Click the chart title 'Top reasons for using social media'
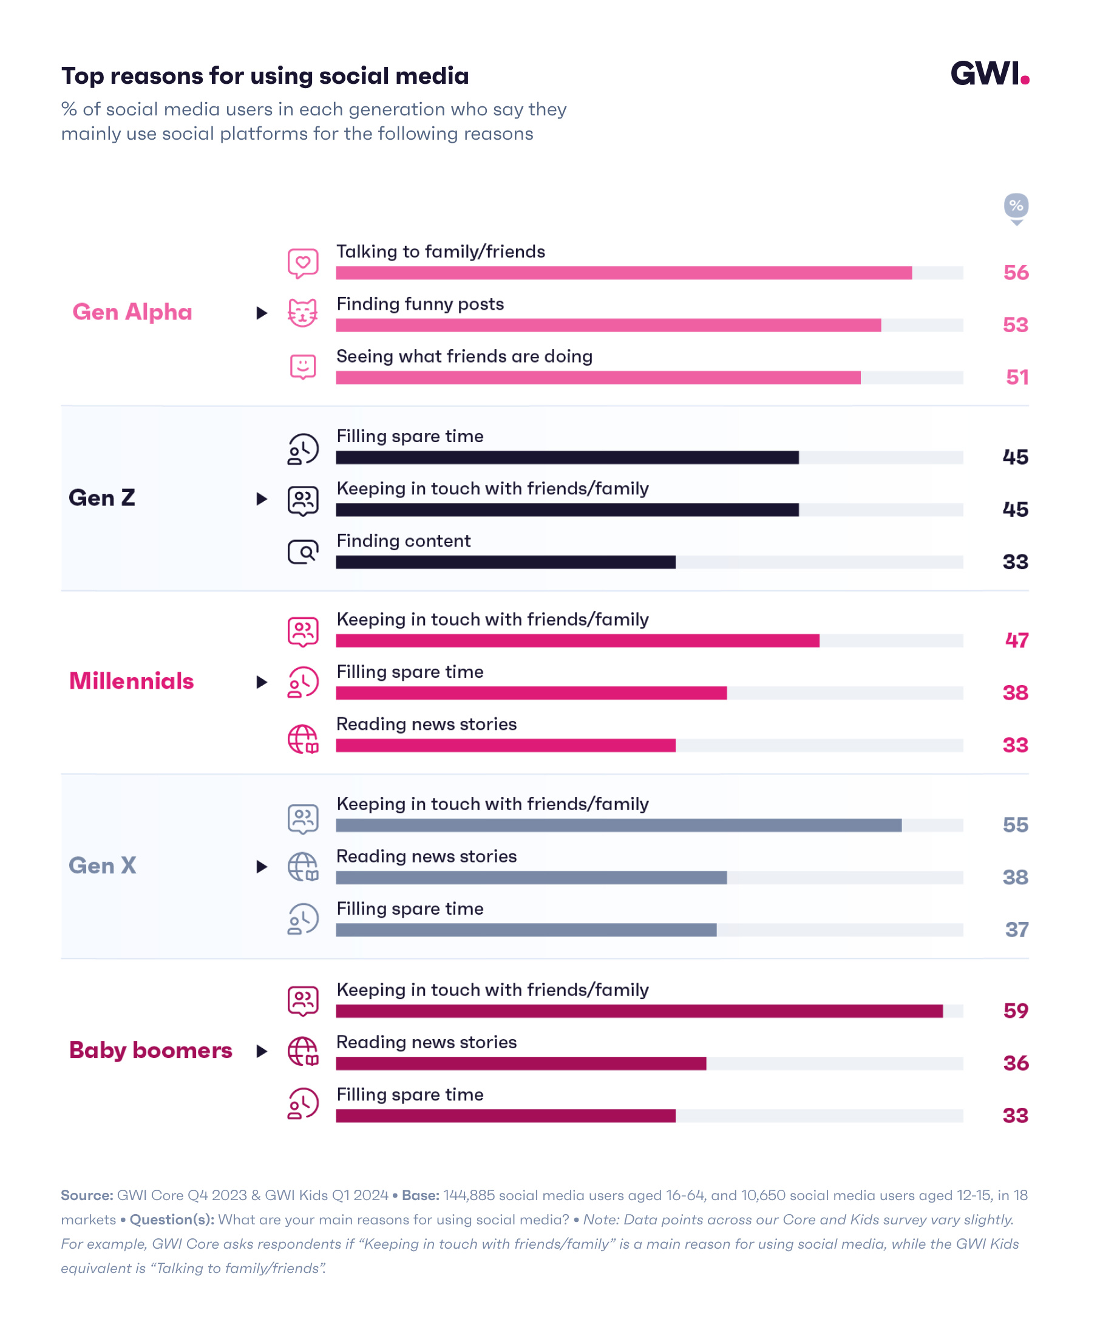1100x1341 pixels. (x=265, y=76)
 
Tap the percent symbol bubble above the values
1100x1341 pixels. (x=1016, y=206)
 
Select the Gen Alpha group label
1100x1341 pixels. (x=132, y=312)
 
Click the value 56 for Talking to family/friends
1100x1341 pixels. (x=1015, y=273)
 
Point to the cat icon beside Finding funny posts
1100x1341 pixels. (x=303, y=312)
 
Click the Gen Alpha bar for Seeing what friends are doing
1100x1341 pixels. (x=597, y=378)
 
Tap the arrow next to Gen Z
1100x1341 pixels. (x=261, y=499)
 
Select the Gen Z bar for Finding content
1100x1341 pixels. (x=505, y=562)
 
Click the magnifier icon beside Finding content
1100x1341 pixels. (x=303, y=552)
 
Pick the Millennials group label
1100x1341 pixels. (x=131, y=681)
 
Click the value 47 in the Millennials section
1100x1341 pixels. (x=1016, y=640)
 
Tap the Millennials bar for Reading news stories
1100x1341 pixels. (x=505, y=745)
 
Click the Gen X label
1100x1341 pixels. (x=102, y=865)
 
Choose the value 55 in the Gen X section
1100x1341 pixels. (x=1015, y=825)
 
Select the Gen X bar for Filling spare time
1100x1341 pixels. (x=526, y=930)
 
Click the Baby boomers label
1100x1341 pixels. (x=150, y=1050)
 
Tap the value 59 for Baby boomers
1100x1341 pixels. (x=1015, y=1010)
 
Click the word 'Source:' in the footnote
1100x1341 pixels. (x=87, y=1195)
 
